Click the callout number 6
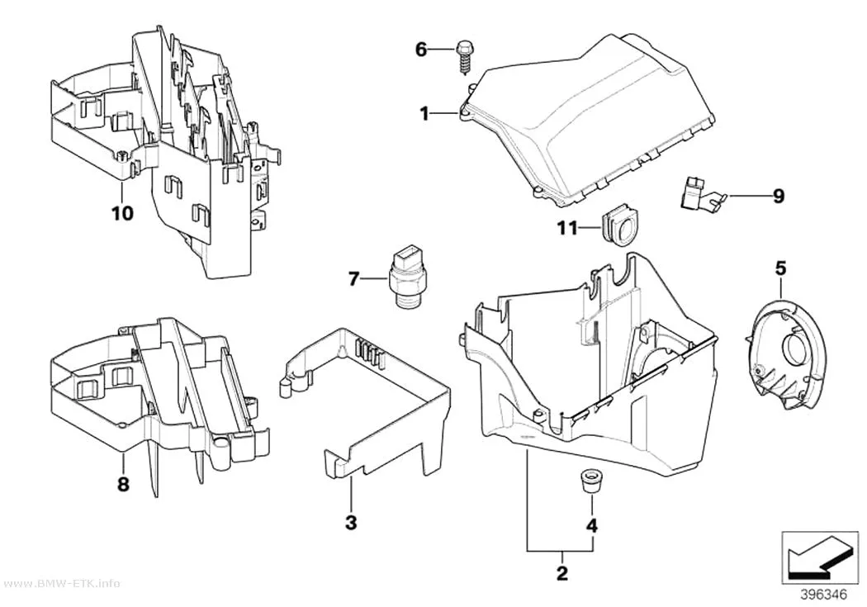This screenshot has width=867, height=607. pos(421,50)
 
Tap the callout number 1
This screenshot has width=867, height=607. pos(424,115)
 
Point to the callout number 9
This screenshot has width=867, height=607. pos(779,196)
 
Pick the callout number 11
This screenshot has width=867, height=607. pos(566,228)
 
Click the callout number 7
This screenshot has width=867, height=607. pos(354,280)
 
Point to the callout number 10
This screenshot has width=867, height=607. pos(123,213)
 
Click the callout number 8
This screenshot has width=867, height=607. pos(123,484)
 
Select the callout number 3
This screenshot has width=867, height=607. pos(351,522)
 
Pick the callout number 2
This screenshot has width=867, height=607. pos(561,573)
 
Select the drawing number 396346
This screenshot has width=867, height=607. pos(823,595)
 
